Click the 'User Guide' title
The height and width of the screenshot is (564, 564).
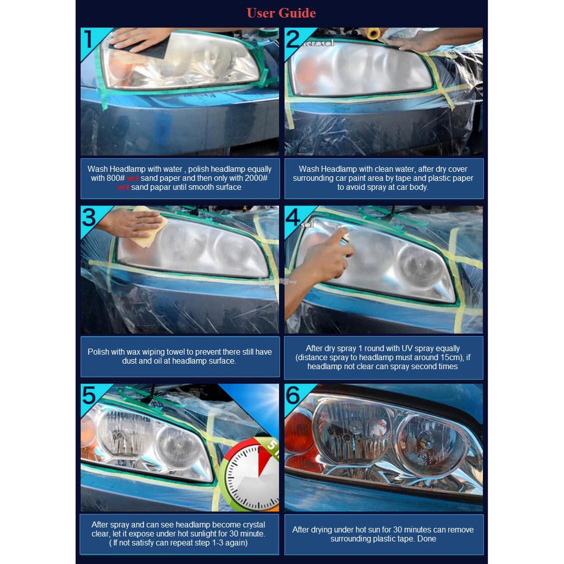point(281,13)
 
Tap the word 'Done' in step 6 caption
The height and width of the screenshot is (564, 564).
point(427,539)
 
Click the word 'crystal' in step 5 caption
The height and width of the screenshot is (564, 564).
point(253,525)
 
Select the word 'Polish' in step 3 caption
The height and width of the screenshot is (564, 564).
point(98,352)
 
